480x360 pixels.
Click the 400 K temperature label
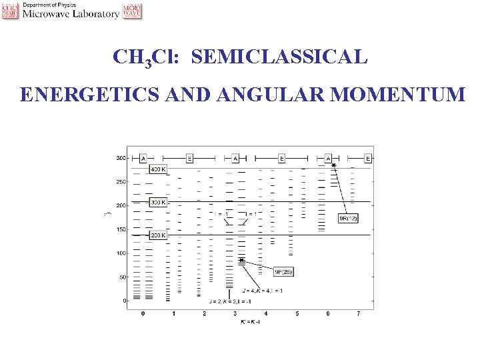[159, 169]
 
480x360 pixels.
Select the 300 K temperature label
[159, 202]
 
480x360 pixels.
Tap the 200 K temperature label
[159, 235]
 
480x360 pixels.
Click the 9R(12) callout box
[349, 219]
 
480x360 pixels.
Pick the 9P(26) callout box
[283, 271]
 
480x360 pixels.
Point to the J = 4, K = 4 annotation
[263, 290]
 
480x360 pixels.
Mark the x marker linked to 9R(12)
[334, 165]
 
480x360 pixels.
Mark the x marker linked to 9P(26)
[241, 261]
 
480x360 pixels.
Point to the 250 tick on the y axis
[120, 182]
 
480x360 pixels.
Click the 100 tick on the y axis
[120, 253]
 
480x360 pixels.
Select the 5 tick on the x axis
[297, 313]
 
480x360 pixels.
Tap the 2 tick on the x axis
[205, 313]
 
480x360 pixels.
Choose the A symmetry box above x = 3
[235, 159]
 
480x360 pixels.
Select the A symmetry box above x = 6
[328, 159]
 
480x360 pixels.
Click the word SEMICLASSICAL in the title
[279, 57]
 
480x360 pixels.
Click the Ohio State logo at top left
[10, 11]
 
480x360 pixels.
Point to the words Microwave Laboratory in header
[71, 14]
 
